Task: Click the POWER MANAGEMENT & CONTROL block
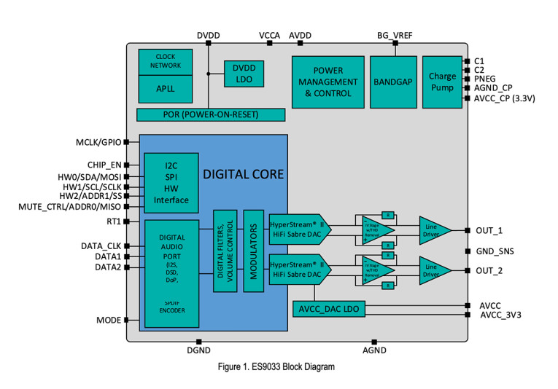coord(328,82)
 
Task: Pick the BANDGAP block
coord(395,82)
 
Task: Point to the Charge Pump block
coord(442,82)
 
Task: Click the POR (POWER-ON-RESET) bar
coord(211,115)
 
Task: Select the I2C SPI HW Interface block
coord(171,179)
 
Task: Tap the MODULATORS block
coord(253,251)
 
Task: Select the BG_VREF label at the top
coord(394,35)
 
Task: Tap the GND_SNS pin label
coord(496,251)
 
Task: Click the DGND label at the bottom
coord(198,350)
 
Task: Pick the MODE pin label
coord(109,320)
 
